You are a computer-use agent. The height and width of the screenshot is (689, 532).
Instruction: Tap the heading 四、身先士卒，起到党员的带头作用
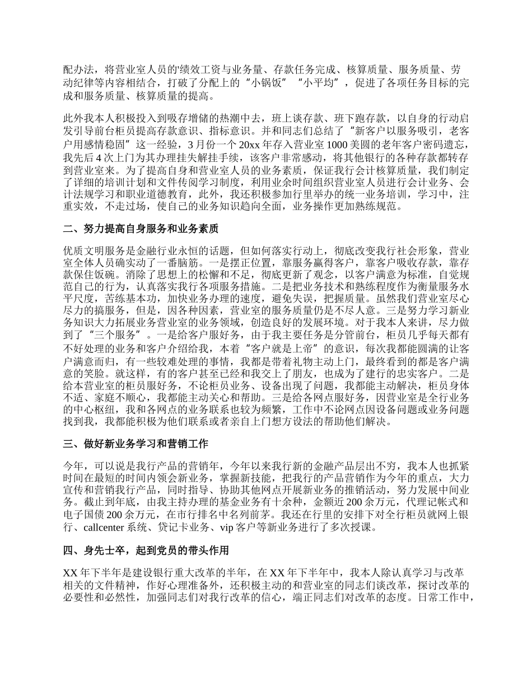point(146,551)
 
